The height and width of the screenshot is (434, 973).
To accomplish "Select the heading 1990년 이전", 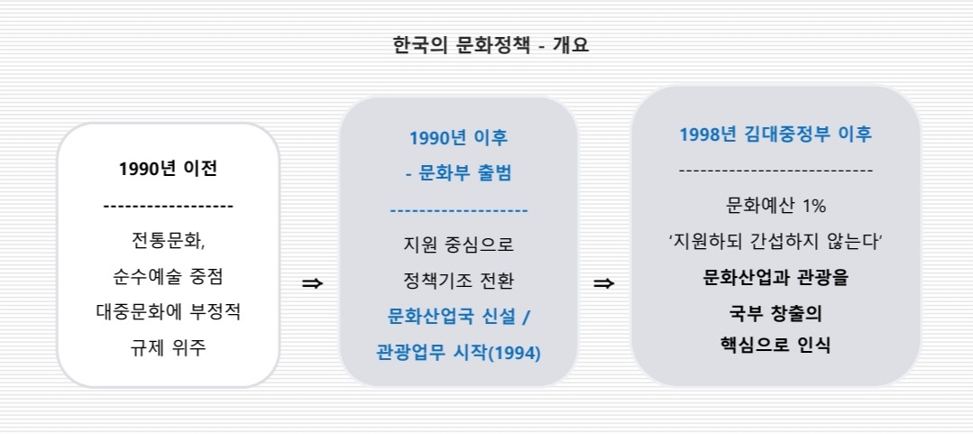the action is pyautogui.click(x=168, y=169).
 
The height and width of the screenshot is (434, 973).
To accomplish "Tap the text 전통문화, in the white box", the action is pyautogui.click(x=169, y=241).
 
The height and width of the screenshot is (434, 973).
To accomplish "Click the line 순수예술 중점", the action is pyautogui.click(x=169, y=276).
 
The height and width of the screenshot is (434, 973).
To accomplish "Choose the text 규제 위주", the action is pyautogui.click(x=169, y=346).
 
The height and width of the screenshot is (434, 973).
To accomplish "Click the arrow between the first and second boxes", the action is pyautogui.click(x=312, y=283).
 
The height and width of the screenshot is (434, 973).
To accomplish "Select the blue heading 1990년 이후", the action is pyautogui.click(x=458, y=138).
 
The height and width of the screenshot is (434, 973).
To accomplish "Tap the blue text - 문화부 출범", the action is pyautogui.click(x=458, y=173).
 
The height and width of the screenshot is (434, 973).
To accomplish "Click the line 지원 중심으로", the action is pyautogui.click(x=458, y=244).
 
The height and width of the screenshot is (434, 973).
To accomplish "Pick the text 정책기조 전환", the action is pyautogui.click(x=458, y=280).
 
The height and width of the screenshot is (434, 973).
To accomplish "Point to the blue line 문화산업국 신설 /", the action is pyautogui.click(x=459, y=316).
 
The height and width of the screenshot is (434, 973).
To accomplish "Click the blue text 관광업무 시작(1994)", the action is pyautogui.click(x=458, y=352).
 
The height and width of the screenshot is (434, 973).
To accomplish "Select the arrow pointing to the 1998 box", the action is pyautogui.click(x=604, y=283).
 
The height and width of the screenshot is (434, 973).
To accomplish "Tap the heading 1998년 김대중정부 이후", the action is pyautogui.click(x=776, y=134).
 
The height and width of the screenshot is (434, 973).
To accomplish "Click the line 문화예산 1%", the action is pyautogui.click(x=776, y=206).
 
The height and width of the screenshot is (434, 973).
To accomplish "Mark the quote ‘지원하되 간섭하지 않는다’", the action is pyautogui.click(x=776, y=242).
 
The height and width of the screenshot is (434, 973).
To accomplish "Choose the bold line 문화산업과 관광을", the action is pyautogui.click(x=776, y=277).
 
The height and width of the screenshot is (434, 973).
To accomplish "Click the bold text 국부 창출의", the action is pyautogui.click(x=776, y=313).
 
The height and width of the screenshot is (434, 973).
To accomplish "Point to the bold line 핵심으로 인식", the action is pyautogui.click(x=776, y=344).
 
